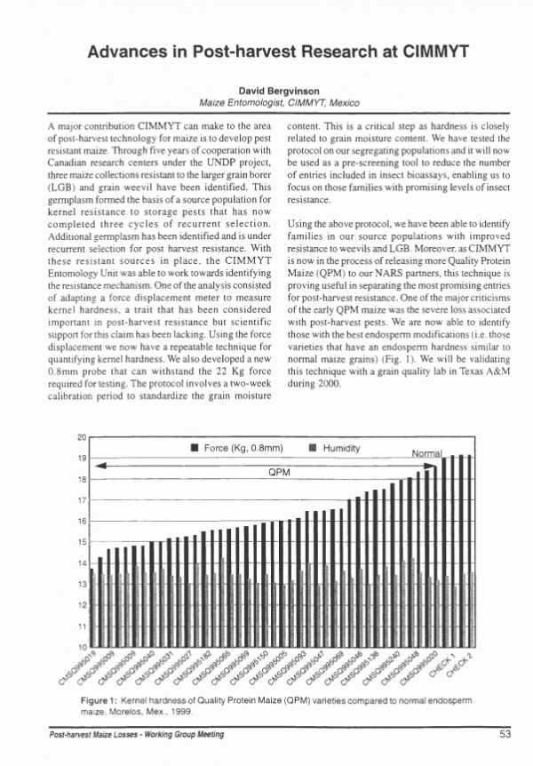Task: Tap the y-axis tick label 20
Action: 80,437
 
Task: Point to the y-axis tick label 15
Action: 80,542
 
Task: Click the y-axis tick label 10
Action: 80,646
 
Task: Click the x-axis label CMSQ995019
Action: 83,667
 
